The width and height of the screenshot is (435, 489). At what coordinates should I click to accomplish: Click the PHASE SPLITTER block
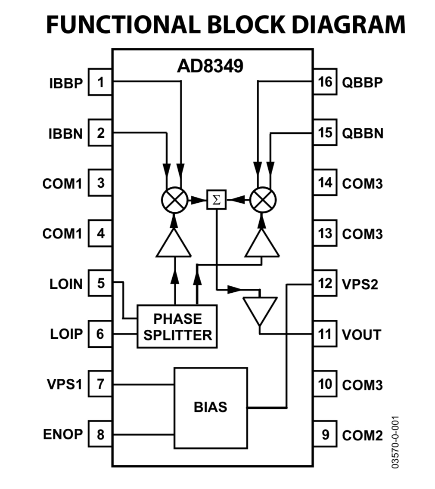click(177, 327)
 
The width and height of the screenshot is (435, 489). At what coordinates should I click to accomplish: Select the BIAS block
click(211, 408)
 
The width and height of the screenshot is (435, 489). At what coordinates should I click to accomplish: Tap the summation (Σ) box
click(217, 200)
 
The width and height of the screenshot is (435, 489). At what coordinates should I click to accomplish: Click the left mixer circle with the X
click(175, 200)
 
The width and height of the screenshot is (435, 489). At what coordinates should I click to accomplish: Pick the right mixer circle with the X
click(263, 200)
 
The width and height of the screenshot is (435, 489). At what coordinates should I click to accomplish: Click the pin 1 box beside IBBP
click(100, 82)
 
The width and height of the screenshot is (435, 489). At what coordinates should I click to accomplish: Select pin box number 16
click(325, 82)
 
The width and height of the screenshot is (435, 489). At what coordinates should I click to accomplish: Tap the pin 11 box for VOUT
click(325, 334)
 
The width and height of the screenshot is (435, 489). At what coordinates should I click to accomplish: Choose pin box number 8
click(100, 434)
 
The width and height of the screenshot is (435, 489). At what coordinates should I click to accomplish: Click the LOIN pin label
click(66, 284)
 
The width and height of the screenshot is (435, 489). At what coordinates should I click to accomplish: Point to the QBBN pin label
click(363, 133)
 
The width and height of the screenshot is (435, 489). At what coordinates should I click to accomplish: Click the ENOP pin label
click(63, 434)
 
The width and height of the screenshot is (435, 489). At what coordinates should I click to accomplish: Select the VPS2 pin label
click(360, 284)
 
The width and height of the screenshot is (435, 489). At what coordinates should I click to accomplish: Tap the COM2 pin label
click(363, 435)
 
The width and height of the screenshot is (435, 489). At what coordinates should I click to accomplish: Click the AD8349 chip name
click(210, 66)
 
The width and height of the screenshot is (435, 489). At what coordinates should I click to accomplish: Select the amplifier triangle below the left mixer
click(174, 243)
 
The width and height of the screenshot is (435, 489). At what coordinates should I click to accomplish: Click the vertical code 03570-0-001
click(395, 442)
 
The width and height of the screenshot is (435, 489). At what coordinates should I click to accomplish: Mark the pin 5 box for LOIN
click(100, 283)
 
